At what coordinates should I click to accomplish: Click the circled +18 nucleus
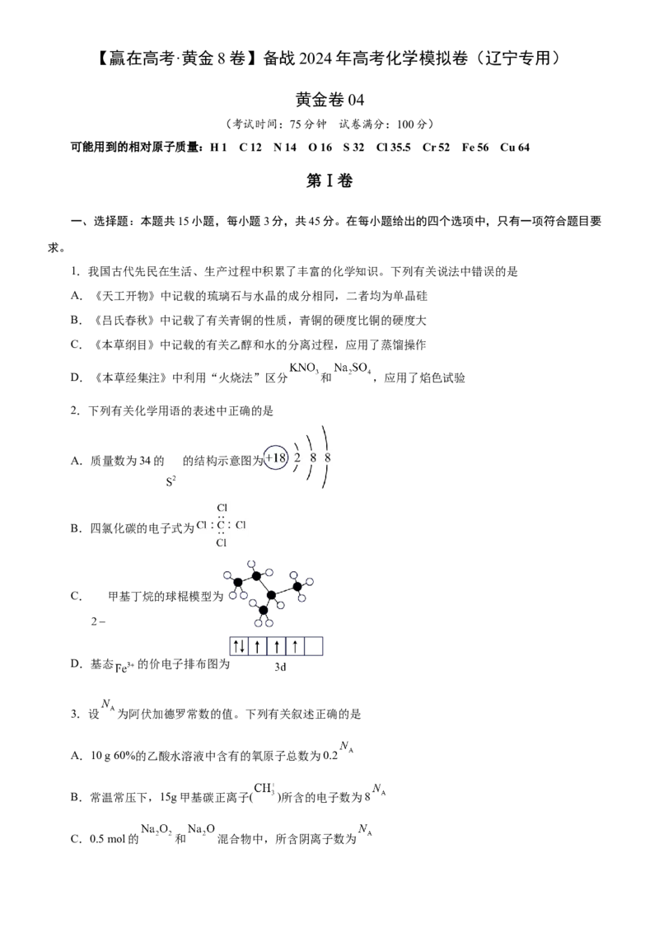[276, 458]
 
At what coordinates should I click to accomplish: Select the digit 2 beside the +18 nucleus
[297, 457]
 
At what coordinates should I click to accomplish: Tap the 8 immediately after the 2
[313, 457]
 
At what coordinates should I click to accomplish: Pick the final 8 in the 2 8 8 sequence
[328, 457]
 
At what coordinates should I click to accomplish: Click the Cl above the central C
[222, 508]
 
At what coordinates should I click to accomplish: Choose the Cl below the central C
[222, 543]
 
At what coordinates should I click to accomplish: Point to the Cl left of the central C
[202, 525]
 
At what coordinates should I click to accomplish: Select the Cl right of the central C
[241, 525]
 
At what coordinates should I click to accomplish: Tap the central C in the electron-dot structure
[221, 525]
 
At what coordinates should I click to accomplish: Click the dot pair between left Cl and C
[212, 525]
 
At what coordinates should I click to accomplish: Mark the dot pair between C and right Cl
[230, 525]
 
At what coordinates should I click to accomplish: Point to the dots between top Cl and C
[222, 517]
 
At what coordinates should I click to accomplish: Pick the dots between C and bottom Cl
[222, 534]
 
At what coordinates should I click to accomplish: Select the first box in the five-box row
[237, 647]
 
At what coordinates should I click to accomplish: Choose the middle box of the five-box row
[277, 647]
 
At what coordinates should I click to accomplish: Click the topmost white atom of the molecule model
[251, 564]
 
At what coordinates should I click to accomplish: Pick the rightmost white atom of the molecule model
[310, 581]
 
